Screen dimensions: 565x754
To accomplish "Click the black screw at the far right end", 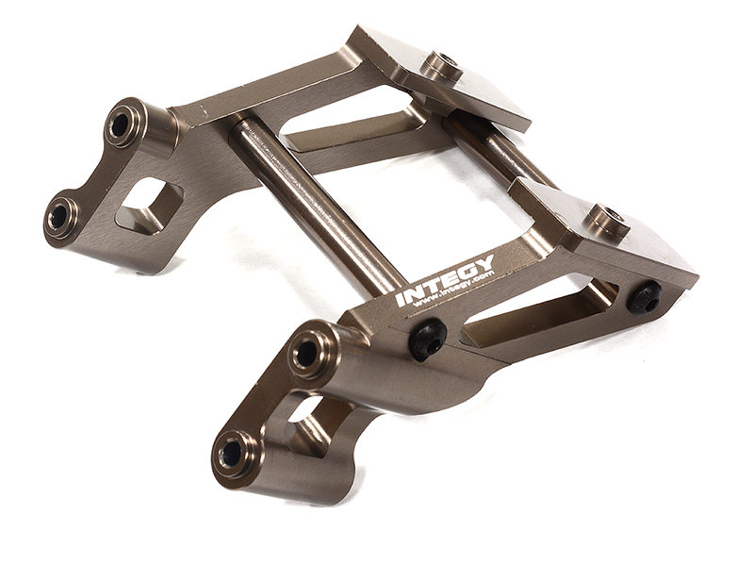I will pyautogui.click(x=645, y=298).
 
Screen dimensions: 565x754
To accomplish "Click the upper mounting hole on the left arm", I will pyautogui.click(x=123, y=124).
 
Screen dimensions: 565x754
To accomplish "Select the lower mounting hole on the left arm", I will pyautogui.click(x=60, y=215).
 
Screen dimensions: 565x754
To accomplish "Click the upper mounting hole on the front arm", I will pyautogui.click(x=306, y=353).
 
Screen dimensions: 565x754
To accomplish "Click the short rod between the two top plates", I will pyautogui.click(x=495, y=151).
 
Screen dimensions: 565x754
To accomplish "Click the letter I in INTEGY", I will pyautogui.click(x=402, y=300).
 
